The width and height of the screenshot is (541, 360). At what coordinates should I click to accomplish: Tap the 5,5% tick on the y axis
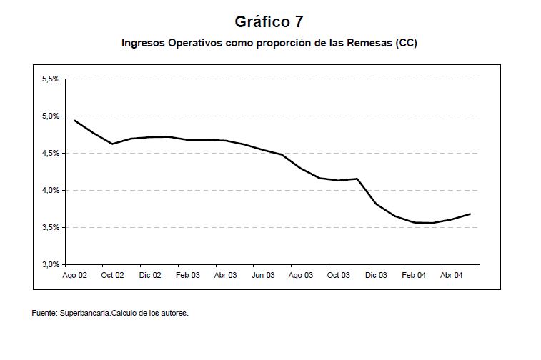click(x=51, y=79)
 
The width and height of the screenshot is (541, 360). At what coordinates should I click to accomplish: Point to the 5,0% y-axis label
click(x=51, y=116)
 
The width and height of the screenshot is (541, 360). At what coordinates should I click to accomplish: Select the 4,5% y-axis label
click(x=51, y=154)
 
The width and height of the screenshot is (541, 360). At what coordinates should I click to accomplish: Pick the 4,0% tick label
click(x=51, y=191)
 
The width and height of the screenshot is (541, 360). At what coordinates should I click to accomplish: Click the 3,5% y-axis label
click(x=51, y=228)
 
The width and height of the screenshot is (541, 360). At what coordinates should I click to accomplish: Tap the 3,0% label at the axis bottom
click(x=51, y=264)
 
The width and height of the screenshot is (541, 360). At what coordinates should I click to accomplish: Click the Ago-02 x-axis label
click(x=75, y=274)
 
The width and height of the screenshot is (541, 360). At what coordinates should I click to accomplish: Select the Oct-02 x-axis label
click(x=112, y=274)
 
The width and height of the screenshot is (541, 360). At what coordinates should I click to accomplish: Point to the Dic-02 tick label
click(x=150, y=274)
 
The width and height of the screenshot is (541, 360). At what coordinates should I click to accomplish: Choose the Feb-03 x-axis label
click(x=188, y=274)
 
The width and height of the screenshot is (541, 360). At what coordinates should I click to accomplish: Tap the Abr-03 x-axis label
click(x=226, y=274)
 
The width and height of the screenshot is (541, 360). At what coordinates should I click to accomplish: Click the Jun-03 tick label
click(x=264, y=274)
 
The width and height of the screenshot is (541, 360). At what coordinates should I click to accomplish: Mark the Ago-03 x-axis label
click(x=301, y=274)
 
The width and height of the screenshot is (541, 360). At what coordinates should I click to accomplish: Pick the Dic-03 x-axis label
click(x=376, y=274)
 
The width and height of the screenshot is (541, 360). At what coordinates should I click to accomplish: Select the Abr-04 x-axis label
click(x=452, y=274)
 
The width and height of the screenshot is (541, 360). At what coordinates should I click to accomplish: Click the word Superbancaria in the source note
click(x=86, y=313)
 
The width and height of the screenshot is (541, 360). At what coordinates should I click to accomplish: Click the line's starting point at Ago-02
click(x=75, y=120)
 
